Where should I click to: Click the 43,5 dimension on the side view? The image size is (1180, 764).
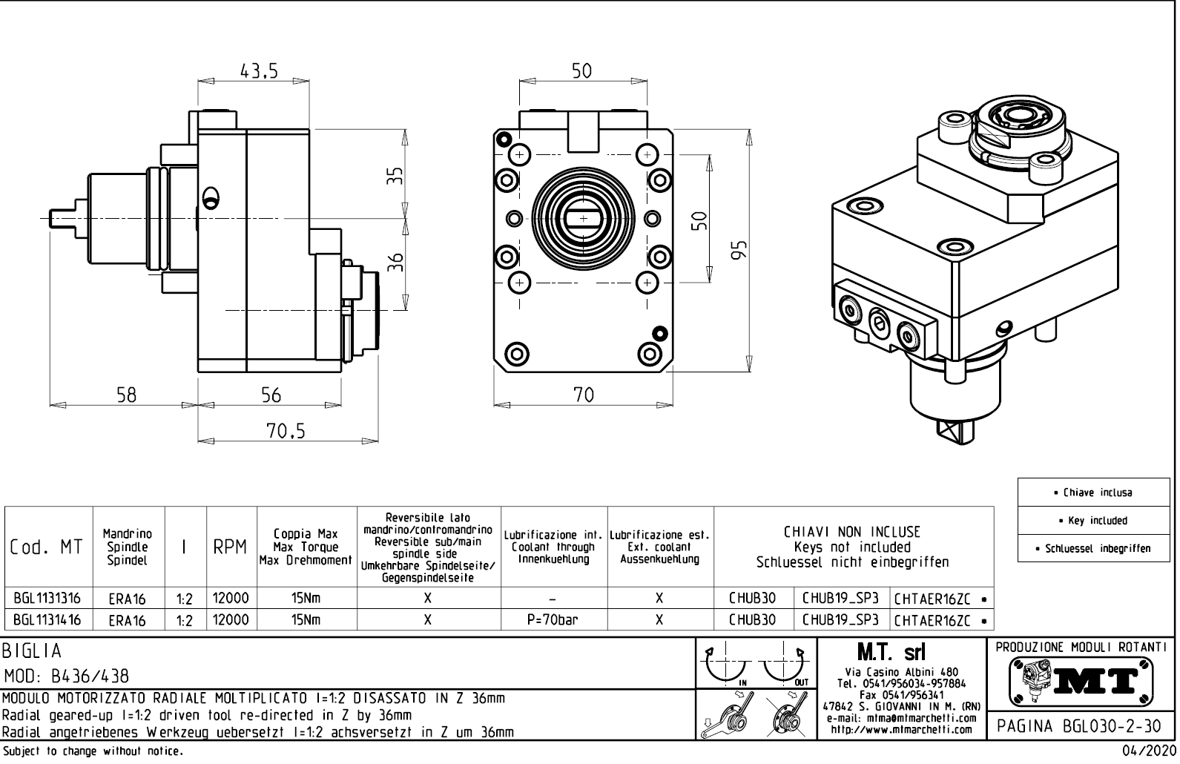259,71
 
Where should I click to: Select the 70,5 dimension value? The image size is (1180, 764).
286,431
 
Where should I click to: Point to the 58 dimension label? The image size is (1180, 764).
127,395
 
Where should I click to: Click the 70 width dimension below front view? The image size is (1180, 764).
584,395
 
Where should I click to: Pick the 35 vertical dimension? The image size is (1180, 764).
397,174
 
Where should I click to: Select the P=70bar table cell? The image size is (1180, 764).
553,620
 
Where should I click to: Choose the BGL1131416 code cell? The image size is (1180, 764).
48,620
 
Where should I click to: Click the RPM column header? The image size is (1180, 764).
231,547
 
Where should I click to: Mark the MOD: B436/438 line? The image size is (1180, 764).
67,676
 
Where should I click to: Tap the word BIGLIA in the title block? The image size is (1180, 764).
32,651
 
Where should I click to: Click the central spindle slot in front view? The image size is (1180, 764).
583,218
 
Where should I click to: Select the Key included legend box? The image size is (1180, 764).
1097,521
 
